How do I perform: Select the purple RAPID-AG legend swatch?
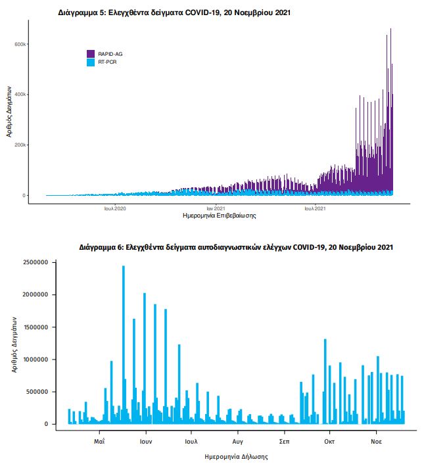[91, 53]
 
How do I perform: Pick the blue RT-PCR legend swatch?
[91, 62]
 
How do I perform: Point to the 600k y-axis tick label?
[20, 44]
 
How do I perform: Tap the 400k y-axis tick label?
[20, 95]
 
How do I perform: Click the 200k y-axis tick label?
[20, 145]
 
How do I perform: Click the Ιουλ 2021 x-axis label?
[315, 208]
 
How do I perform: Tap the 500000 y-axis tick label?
[37, 392]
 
